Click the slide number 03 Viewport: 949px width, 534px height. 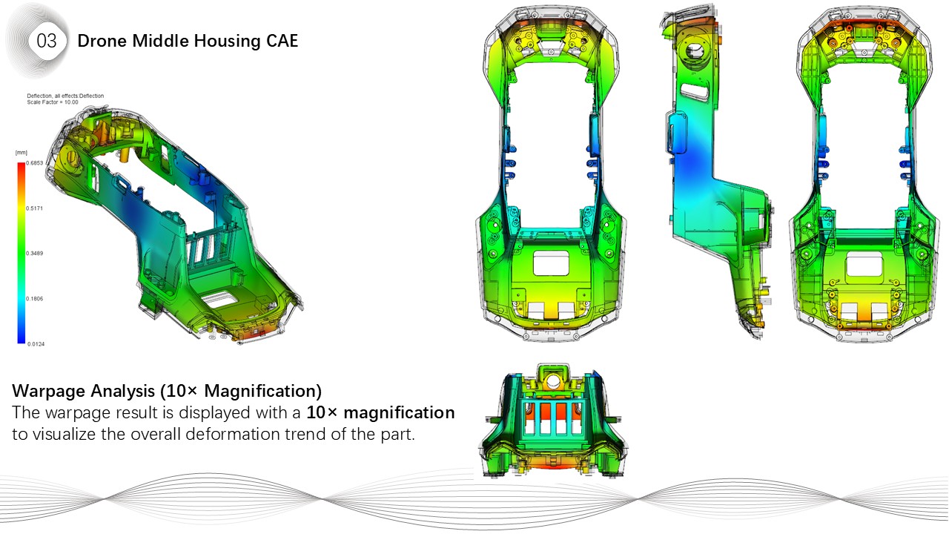(46, 42)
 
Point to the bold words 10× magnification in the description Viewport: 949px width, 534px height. (380, 412)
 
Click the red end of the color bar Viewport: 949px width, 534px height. (20, 168)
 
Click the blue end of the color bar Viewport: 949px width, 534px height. (20, 340)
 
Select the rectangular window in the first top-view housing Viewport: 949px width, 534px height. (551, 262)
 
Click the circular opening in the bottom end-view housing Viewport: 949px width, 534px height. (553, 383)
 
